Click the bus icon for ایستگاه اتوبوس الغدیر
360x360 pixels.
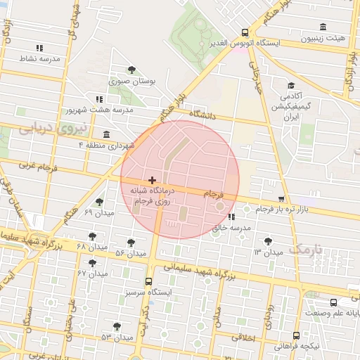point(245,32)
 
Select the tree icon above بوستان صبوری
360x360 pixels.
point(132,69)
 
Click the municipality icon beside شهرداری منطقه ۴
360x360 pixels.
point(105,134)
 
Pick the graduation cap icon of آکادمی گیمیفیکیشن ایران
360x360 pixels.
point(289,85)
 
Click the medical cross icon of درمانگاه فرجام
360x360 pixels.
point(153,181)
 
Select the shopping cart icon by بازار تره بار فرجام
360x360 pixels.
point(281,199)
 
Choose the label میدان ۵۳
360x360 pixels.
point(116,337)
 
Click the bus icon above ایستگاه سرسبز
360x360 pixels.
point(148,281)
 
